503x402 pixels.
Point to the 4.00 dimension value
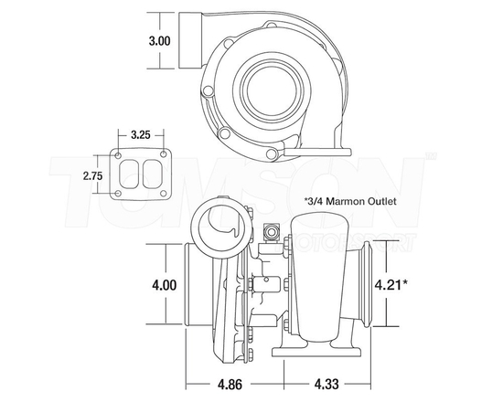[x=165, y=285]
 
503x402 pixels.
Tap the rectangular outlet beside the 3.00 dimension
[x=191, y=41]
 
